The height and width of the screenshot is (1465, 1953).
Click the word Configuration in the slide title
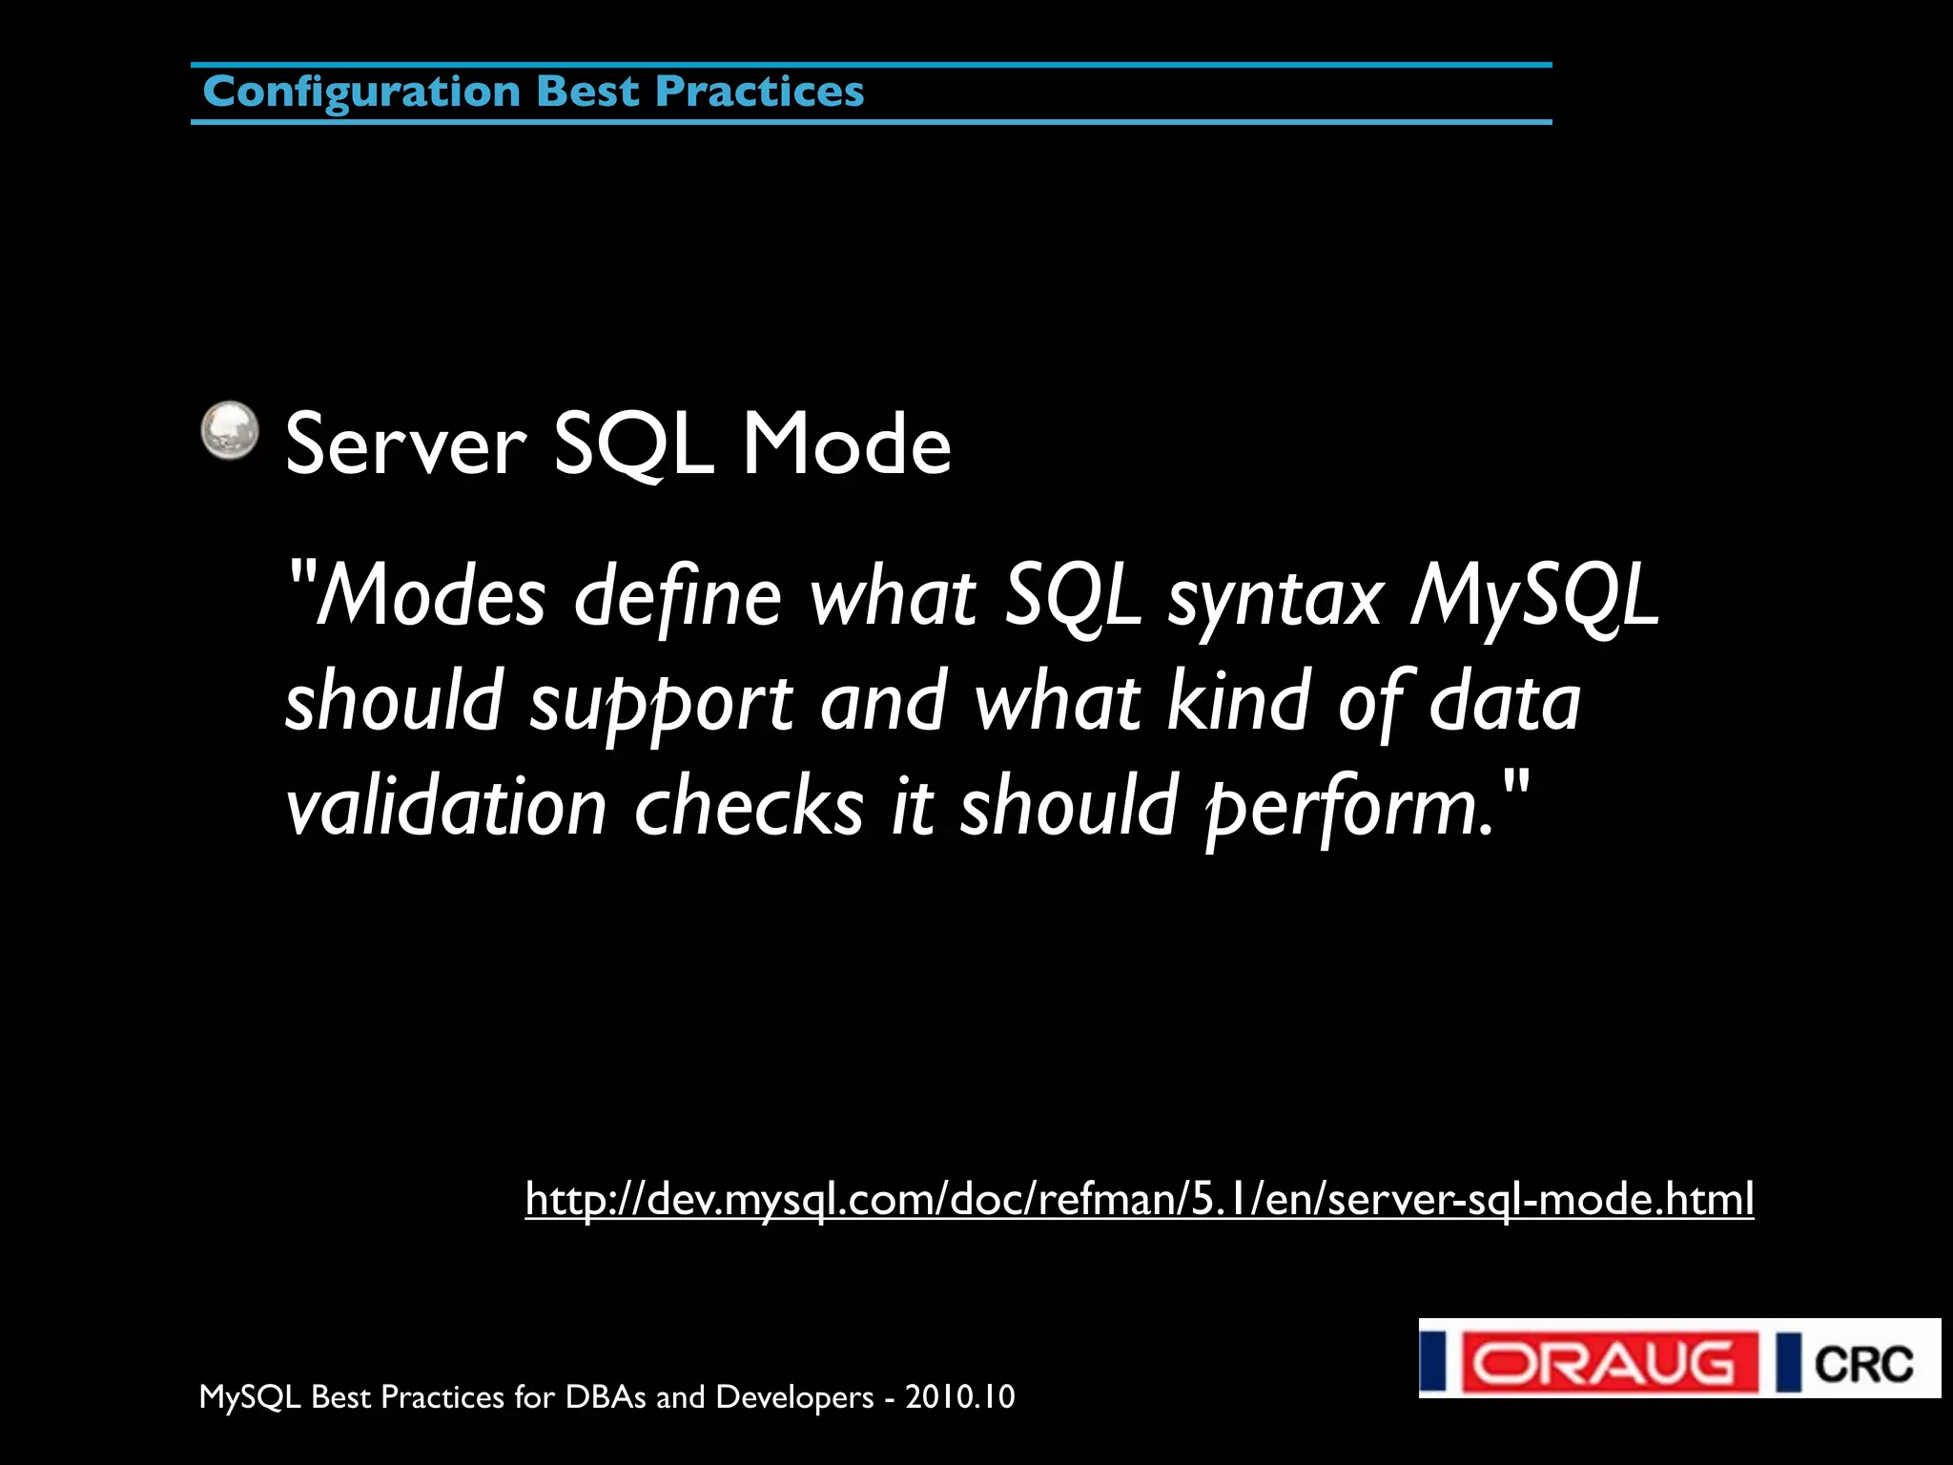coord(361,93)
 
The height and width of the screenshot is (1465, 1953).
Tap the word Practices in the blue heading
coord(760,92)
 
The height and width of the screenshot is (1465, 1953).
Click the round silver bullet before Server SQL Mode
coord(230,430)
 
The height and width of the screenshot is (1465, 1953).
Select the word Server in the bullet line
coord(405,444)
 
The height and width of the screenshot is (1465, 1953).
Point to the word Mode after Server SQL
coord(847,444)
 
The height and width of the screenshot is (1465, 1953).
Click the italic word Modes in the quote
coord(430,597)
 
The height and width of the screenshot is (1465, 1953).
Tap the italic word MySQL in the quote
coord(1534,597)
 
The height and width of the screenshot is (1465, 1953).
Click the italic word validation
coord(446,807)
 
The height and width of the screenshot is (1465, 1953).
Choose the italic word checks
coord(749,807)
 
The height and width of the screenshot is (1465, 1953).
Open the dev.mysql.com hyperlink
coord(1139,1200)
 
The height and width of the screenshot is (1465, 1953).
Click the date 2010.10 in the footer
coord(959,1397)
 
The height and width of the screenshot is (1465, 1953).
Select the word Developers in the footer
coord(794,1397)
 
